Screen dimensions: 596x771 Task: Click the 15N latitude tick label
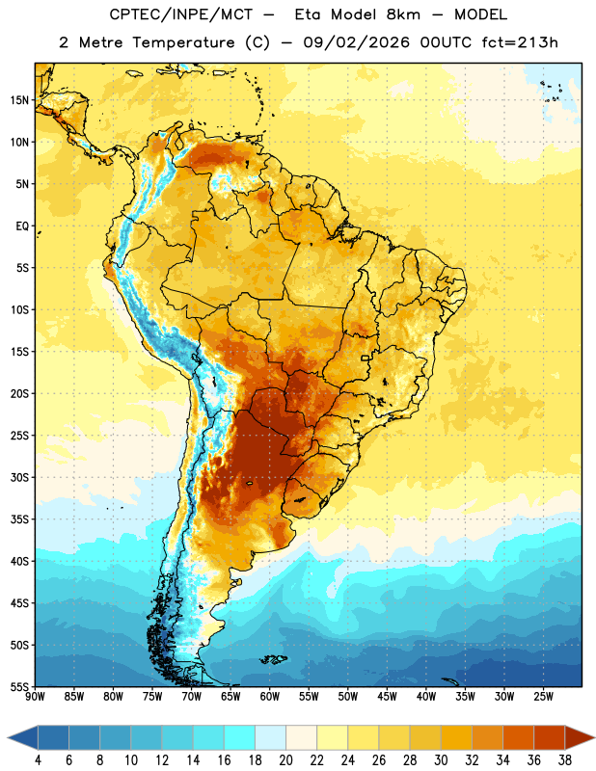[x=19, y=100]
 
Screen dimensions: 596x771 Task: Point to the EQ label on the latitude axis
[x=22, y=226]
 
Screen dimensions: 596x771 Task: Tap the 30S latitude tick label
[x=19, y=477]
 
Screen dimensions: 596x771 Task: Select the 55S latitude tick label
[x=19, y=687]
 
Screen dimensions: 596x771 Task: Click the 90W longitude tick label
[x=35, y=697]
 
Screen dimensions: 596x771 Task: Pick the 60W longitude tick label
[x=270, y=697]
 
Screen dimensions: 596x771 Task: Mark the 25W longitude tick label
[x=543, y=697]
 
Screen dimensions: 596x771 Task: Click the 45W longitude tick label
[x=387, y=697]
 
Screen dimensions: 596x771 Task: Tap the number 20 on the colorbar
[x=285, y=760]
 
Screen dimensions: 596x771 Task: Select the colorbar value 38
[x=564, y=760]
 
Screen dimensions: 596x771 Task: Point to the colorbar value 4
[x=38, y=760]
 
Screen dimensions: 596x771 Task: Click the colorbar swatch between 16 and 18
[x=240, y=737]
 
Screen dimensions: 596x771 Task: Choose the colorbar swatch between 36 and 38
[x=550, y=737]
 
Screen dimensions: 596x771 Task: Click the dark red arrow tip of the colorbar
[x=593, y=737]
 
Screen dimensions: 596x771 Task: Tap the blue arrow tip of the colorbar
[x=9, y=737]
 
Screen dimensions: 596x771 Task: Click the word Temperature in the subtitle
[x=183, y=42]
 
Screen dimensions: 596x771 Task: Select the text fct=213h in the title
[x=520, y=42]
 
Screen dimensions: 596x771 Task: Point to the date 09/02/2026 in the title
[x=356, y=42]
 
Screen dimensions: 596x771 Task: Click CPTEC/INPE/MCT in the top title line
[x=180, y=14]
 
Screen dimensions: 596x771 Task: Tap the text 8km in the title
[x=403, y=14]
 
